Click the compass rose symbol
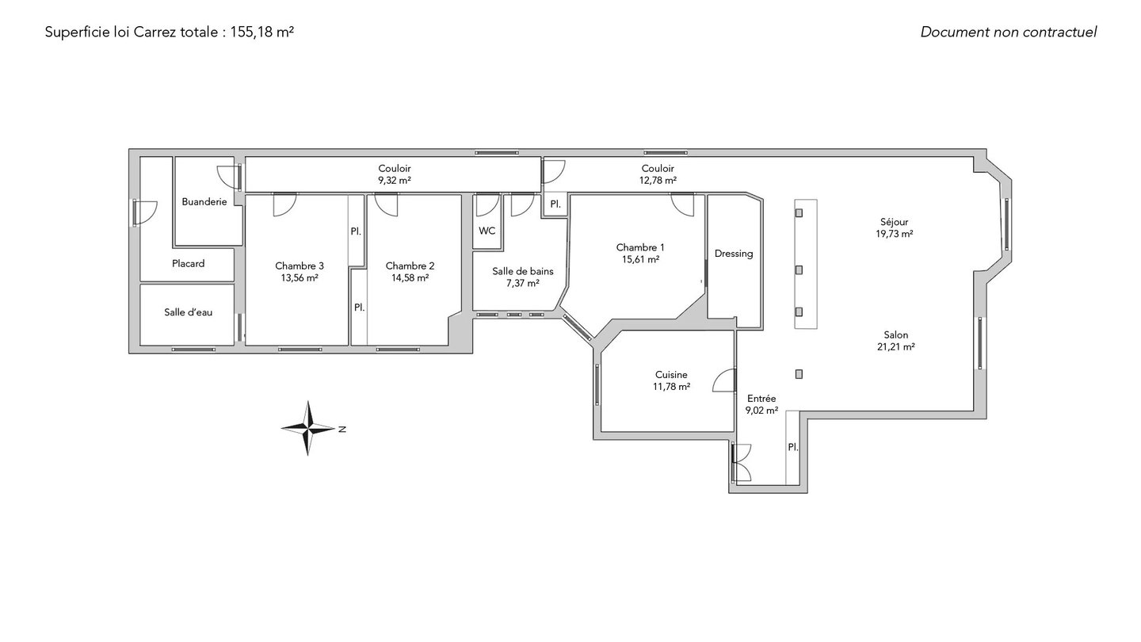tap(307, 428)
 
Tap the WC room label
tap(487, 231)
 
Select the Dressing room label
tap(734, 254)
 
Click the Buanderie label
tap(204, 202)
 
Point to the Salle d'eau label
tap(188, 312)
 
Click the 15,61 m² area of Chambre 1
tap(640, 259)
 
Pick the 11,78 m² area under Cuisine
tap(671, 387)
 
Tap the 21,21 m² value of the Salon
tap(895, 347)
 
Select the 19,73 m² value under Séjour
tap(894, 234)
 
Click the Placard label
tap(188, 263)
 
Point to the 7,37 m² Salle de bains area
tap(523, 283)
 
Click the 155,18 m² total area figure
tap(261, 32)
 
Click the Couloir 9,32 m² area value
tap(395, 181)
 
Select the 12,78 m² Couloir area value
tap(658, 181)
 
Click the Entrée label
tap(761, 399)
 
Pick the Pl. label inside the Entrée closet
tap(793, 447)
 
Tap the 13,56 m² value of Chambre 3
tap(300, 277)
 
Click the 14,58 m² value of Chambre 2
tap(410, 277)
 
